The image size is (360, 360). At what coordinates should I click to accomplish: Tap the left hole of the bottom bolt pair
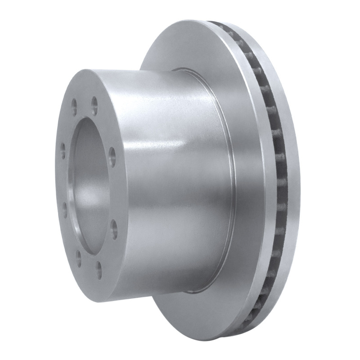pyautogui.click(x=79, y=257)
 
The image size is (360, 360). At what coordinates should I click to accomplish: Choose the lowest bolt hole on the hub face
pyautogui.click(x=99, y=271)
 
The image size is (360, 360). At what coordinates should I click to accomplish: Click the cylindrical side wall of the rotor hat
pyautogui.click(x=171, y=202)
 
